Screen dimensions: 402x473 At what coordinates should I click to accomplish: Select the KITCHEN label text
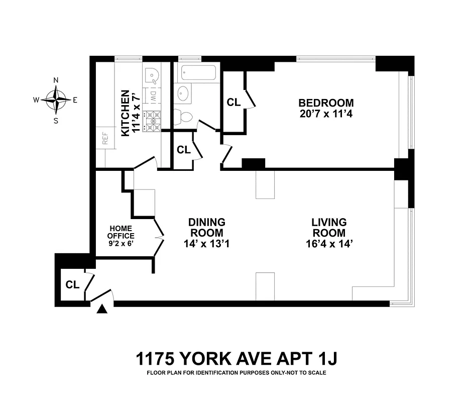(x=125, y=113)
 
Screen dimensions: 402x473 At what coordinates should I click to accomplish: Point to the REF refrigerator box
(x=105, y=138)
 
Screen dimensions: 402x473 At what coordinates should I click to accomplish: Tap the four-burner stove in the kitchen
(x=152, y=122)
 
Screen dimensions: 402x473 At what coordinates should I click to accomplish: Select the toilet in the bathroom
(x=183, y=117)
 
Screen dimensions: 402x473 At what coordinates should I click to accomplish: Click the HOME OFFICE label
(x=122, y=232)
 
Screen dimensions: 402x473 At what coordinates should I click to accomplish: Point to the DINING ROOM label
(x=206, y=227)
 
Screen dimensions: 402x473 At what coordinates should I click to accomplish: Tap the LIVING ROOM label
(x=329, y=227)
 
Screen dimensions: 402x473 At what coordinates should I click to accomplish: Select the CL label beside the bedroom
(x=233, y=103)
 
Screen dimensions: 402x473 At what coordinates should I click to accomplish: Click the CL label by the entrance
(x=73, y=284)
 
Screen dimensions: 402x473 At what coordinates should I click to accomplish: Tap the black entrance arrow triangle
(x=102, y=310)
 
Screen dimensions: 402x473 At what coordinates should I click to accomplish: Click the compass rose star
(x=56, y=99)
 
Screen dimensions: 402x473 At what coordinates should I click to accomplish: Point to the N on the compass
(x=56, y=80)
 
